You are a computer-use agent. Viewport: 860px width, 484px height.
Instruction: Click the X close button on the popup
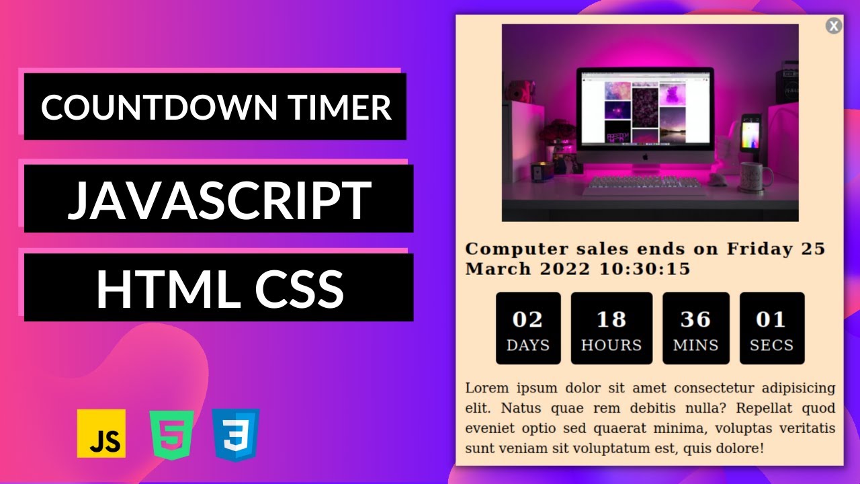coord(833,26)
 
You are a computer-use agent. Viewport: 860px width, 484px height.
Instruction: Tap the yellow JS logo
coord(101,433)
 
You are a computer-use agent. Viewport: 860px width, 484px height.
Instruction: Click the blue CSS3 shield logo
coord(235,434)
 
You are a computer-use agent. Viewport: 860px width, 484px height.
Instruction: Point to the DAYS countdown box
coord(528,329)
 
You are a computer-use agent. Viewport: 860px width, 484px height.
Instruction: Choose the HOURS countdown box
coord(611,329)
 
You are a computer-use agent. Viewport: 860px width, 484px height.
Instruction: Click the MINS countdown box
coord(696,329)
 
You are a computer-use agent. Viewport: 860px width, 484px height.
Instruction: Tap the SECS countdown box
coord(772,329)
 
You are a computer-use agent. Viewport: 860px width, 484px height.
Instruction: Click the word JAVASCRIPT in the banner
coord(219,200)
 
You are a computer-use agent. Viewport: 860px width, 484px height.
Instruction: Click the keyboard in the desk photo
coord(644,186)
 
